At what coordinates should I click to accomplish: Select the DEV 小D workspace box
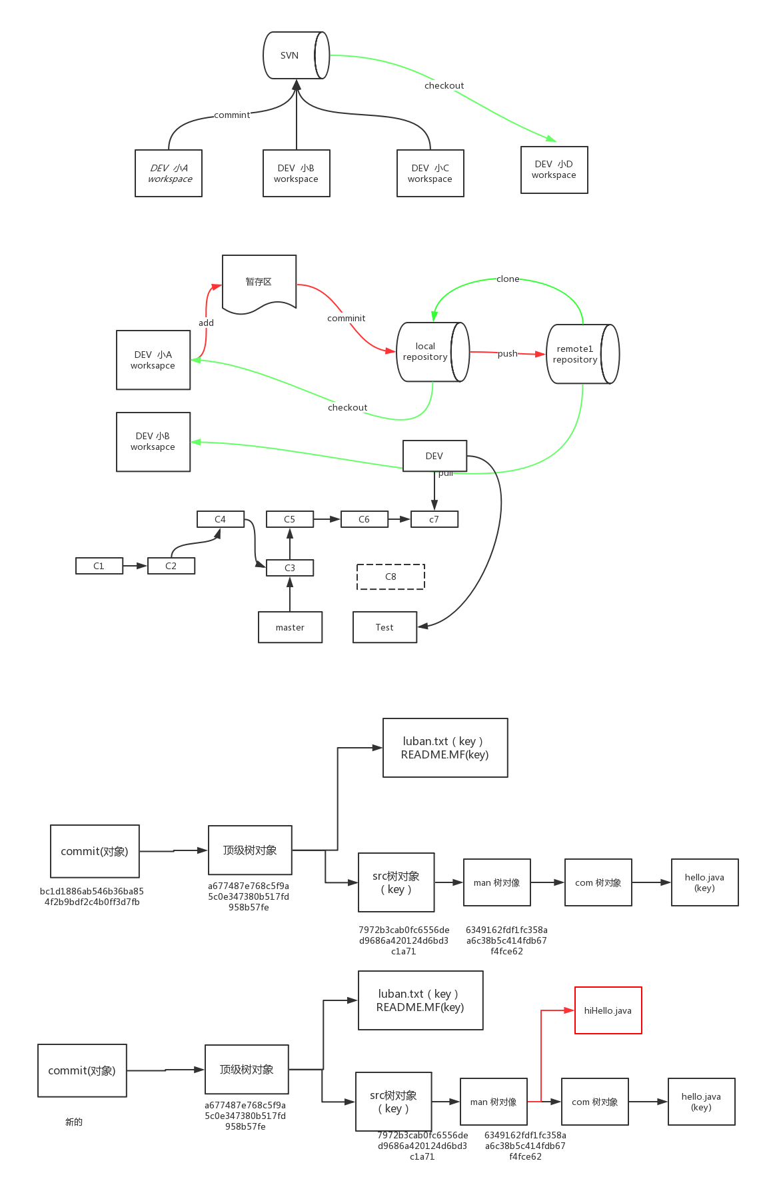554,170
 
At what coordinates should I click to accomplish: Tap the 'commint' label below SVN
232,115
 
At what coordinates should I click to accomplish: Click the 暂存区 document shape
259,282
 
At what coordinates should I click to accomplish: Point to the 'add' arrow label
207,323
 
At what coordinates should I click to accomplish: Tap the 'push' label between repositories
507,353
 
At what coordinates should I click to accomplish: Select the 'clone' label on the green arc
508,279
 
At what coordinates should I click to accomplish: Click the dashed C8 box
390,577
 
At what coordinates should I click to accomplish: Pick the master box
290,627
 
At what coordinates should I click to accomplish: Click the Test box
384,627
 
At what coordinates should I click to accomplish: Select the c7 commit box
434,519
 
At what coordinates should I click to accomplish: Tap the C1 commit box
99,566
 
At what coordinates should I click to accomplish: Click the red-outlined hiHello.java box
608,1010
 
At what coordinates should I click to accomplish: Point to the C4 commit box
221,519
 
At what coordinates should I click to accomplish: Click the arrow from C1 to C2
135,566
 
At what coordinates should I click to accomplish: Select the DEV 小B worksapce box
153,442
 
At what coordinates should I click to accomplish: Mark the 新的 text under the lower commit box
74,1122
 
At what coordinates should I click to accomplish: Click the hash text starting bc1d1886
92,896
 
